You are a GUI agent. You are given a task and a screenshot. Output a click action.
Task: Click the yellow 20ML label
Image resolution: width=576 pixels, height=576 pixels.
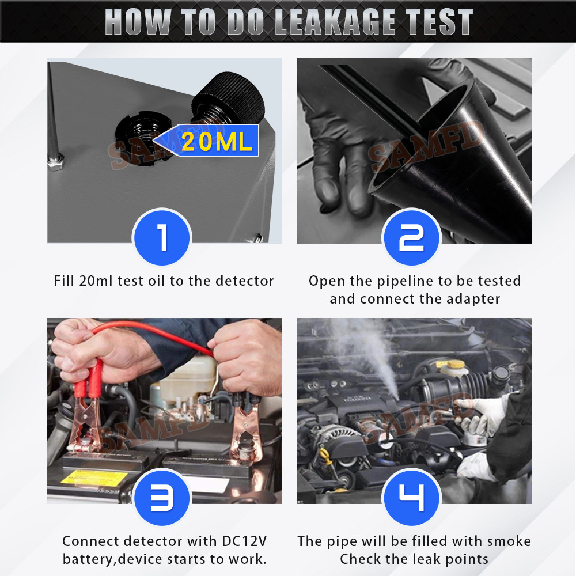click(x=217, y=142)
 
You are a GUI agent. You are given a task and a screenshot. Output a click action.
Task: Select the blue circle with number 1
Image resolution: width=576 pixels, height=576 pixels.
click(x=162, y=237)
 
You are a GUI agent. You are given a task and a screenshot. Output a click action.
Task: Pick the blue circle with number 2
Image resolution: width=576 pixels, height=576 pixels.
click(x=411, y=237)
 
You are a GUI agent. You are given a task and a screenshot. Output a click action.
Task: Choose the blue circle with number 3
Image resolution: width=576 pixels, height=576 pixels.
click(x=162, y=498)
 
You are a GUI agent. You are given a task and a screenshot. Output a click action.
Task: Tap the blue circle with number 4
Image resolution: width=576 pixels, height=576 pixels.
click(x=411, y=498)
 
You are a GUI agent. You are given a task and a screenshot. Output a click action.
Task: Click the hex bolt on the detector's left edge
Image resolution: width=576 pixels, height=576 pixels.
click(x=55, y=164)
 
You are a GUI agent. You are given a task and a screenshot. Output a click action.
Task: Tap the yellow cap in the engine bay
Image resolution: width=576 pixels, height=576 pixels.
click(x=457, y=365)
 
